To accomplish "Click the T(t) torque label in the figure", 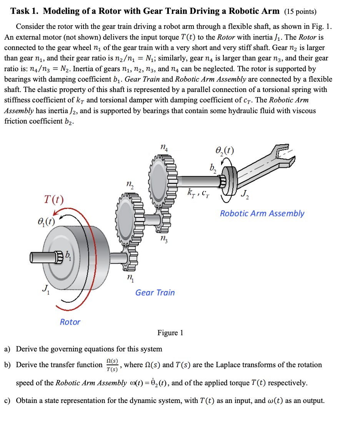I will click(x=53, y=200).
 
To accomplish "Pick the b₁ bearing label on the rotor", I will click(x=68, y=255).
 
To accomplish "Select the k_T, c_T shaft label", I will click(x=198, y=191).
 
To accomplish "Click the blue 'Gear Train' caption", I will click(x=155, y=293).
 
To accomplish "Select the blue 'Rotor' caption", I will click(x=70, y=322).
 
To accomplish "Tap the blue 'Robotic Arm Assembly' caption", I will click(x=262, y=213).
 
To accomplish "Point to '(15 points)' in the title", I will click(x=300, y=11).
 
